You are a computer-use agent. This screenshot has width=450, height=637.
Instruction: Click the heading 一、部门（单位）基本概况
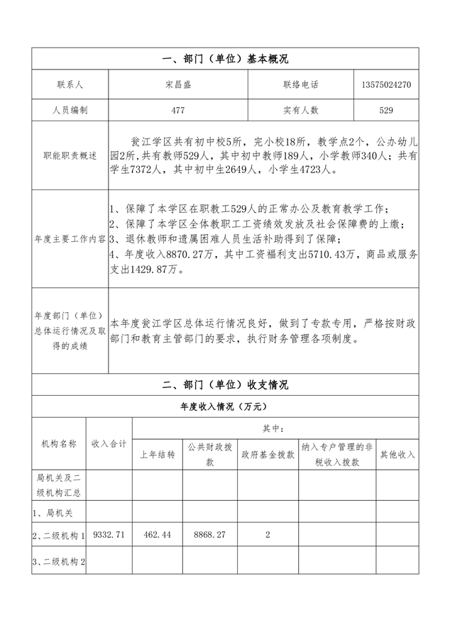tap(225, 59)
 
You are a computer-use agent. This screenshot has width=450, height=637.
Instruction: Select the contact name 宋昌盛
tap(177, 84)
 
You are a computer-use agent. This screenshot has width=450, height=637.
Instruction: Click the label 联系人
tap(70, 84)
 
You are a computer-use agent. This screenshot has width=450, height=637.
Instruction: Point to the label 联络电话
tap(300, 84)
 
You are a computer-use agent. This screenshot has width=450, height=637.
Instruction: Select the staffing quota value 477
tap(177, 110)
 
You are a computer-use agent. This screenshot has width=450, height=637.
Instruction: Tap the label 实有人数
tap(300, 110)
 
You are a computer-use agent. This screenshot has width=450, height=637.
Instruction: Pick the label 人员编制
tap(70, 110)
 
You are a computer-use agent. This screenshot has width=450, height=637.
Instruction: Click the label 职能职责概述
tap(70, 155)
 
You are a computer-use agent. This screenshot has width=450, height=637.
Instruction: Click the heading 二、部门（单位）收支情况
tap(225, 385)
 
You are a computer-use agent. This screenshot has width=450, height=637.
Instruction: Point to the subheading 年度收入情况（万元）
tap(225, 407)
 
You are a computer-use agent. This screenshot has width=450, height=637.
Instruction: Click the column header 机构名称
tap(58, 443)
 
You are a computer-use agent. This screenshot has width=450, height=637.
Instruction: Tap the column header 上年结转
tap(157, 455)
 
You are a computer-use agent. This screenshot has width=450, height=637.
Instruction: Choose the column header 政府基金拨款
tap(267, 455)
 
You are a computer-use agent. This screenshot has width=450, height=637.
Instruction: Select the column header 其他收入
tap(397, 455)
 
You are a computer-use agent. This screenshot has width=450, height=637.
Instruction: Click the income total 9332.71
tap(109, 534)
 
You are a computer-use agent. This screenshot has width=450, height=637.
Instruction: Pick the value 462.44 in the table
tap(157, 534)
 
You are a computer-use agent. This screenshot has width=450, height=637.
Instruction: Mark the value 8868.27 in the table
tap(209, 534)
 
